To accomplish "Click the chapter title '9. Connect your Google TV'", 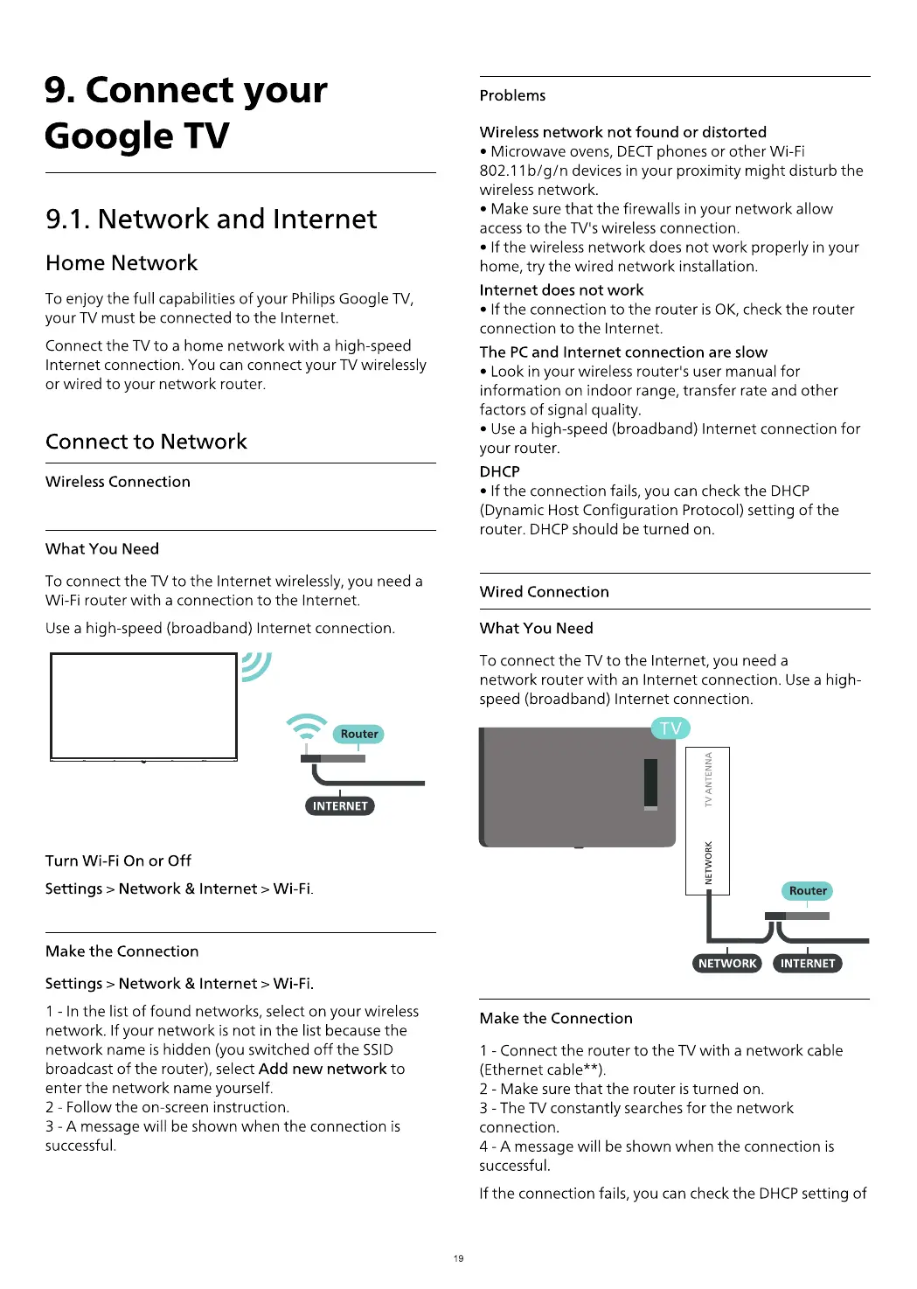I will click(185, 113).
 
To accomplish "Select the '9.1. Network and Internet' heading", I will click(211, 219).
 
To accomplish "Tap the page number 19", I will click(458, 1258).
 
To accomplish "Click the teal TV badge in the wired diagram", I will click(670, 728).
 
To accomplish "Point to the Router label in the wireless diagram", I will click(359, 734).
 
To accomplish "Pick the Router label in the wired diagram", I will click(808, 890).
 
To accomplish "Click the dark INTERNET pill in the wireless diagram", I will click(340, 805).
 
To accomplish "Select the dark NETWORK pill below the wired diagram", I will click(727, 963).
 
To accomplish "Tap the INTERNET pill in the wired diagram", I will click(808, 963).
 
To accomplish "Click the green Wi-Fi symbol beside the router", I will click(306, 727).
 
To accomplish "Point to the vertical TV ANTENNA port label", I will click(708, 779).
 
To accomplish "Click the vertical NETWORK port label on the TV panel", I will click(708, 862).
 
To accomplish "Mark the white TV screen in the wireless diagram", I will click(144, 706).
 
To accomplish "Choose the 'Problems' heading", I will click(512, 95).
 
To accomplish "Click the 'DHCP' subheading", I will click(499, 471).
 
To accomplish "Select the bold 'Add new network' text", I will click(323, 1069).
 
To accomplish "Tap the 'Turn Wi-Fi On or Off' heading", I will click(118, 860).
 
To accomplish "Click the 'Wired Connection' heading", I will click(544, 591).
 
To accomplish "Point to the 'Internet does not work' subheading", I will click(561, 289).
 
